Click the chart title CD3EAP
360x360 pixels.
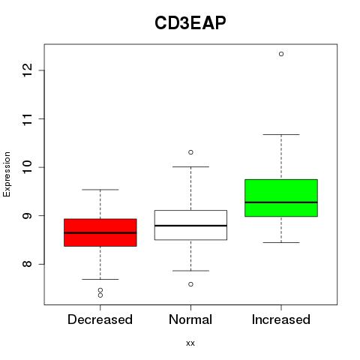point(190,23)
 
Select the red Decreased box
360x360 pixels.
point(100,232)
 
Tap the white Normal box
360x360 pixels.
point(190,225)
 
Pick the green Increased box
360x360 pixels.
point(281,198)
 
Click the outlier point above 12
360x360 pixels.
point(281,54)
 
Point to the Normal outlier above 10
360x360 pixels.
point(190,152)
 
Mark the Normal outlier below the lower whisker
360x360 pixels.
point(190,284)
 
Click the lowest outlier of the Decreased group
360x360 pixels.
point(100,295)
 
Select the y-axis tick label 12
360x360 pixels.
point(28,70)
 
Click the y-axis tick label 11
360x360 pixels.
point(28,118)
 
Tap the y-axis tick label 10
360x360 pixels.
point(28,167)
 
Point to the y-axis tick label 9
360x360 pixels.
point(28,215)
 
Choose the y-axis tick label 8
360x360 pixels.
point(28,264)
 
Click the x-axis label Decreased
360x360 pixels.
point(100,319)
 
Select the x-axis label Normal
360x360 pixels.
point(190,319)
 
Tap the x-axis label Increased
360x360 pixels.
point(281,319)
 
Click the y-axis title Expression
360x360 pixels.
point(7,174)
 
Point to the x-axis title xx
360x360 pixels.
point(190,343)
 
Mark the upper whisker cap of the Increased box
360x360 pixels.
point(281,134)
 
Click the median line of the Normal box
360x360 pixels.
point(190,226)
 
